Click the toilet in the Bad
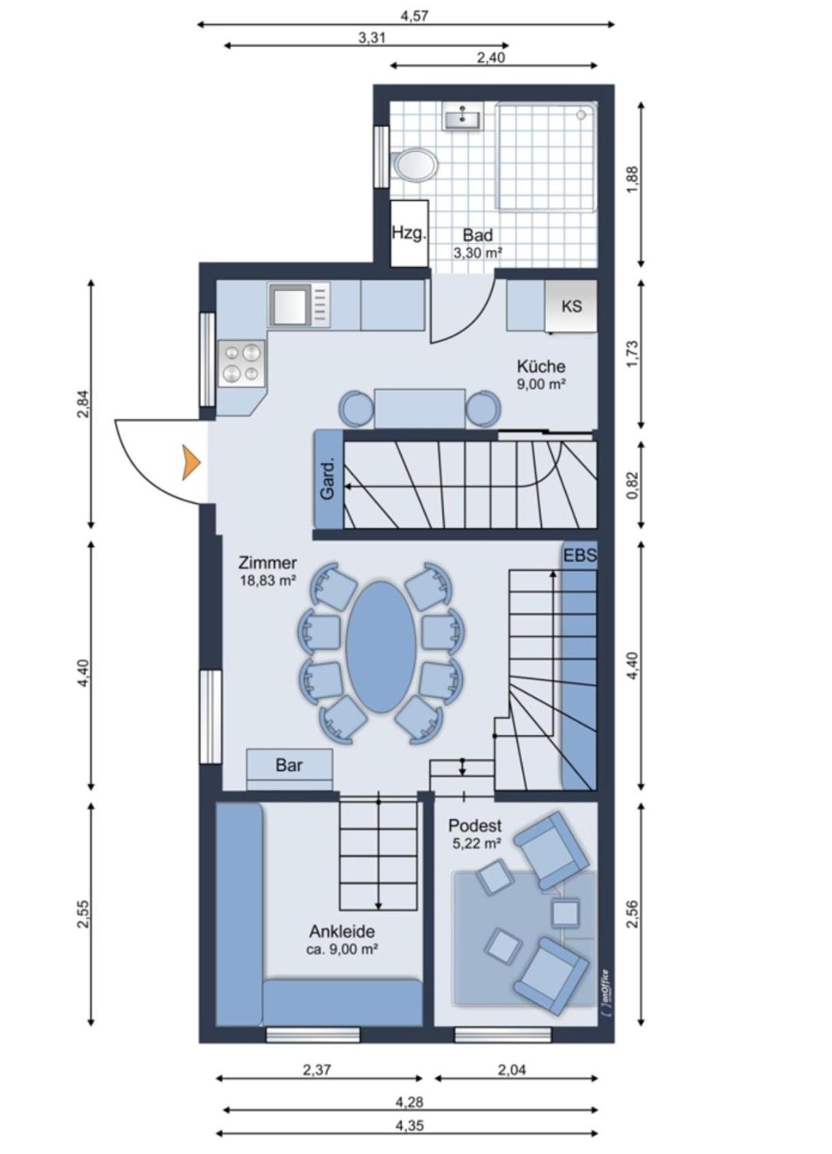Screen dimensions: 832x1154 [x=414, y=165]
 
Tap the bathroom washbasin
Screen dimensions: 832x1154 [x=462, y=115]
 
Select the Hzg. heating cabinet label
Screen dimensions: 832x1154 [x=409, y=234]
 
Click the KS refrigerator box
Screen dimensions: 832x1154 [x=571, y=306]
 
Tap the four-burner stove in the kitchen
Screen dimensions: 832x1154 [x=241, y=363]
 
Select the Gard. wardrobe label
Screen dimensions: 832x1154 [x=328, y=479]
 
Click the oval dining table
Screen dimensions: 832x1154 [x=381, y=647]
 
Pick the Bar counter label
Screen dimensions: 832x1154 [x=289, y=765]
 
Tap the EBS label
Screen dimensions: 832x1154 [x=580, y=556]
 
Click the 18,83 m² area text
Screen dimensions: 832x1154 [x=268, y=580]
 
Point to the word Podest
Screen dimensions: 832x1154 [x=475, y=826]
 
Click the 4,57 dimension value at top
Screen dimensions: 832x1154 [x=415, y=16]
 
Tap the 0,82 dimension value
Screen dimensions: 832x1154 [x=633, y=485]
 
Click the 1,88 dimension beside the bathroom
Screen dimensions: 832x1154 [x=633, y=180]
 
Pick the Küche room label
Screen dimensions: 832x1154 [x=541, y=367]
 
